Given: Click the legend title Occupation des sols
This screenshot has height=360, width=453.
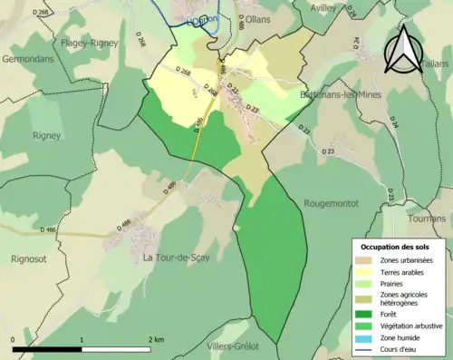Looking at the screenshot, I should click(x=395, y=246).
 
